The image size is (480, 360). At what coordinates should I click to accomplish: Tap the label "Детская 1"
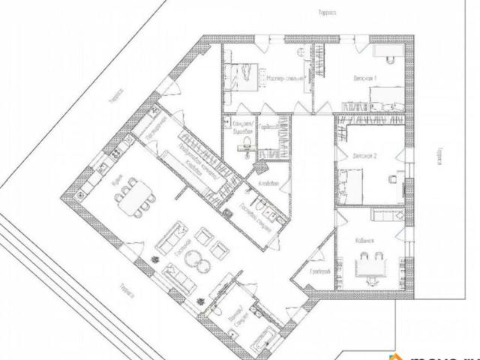point(365,78)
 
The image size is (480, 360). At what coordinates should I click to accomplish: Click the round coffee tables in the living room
point(198,259)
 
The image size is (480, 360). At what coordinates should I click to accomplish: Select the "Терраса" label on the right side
point(436,157)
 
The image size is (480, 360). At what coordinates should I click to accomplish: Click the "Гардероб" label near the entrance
point(319,270)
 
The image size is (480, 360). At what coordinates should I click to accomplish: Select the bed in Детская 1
point(389,96)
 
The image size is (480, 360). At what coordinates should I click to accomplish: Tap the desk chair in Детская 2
point(391,178)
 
